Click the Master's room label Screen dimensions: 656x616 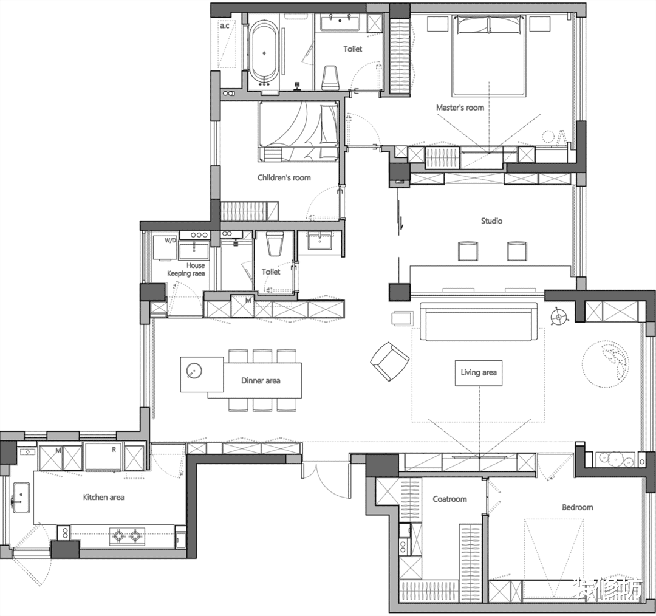coord(460,108)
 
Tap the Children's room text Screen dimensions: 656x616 coord(284,177)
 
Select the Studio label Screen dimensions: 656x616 coord(491,221)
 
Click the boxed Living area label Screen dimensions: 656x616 coord(479,372)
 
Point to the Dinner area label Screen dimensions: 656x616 coord(261,380)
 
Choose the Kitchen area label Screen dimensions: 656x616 coord(103,497)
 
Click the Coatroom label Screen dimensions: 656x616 coord(449,499)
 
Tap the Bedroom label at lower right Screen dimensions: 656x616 coord(578,507)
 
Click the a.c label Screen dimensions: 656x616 coord(225,26)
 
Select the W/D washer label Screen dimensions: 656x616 coord(170,241)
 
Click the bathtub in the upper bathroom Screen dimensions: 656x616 coord(264,53)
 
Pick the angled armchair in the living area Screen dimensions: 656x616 coord(390,361)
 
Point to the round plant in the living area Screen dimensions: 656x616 coord(606,363)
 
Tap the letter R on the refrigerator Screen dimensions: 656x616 coord(114,450)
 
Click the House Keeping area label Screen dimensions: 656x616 coord(186,270)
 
